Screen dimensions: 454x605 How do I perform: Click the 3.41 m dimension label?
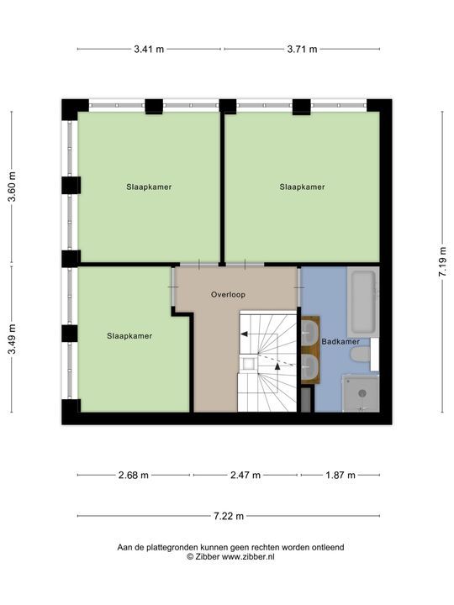pos(149,49)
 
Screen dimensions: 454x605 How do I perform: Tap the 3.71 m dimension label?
pos(302,49)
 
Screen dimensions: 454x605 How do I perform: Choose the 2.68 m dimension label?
pos(133,475)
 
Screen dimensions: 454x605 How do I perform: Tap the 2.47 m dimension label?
pos(245,475)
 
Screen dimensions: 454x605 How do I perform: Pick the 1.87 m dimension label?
pos(340,475)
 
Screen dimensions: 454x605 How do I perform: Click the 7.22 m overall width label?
pos(229,516)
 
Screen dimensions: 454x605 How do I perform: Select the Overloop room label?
pos(228,294)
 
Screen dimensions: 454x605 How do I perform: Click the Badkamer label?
pos(340,341)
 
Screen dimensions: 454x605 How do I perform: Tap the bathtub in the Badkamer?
pos(363,302)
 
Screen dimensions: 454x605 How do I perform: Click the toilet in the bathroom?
pos(360,355)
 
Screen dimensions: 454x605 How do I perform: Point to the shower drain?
pos(362,393)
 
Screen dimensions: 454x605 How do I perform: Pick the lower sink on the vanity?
pos(309,367)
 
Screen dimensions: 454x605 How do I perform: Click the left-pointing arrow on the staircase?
pos(244,334)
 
